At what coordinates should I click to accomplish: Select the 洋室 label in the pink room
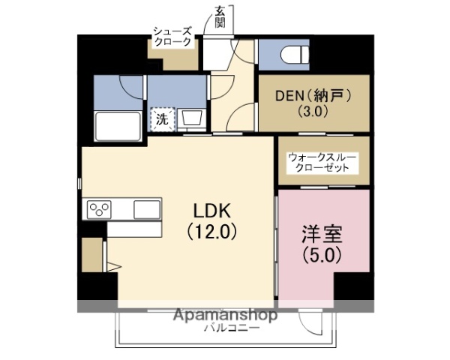point(323,233)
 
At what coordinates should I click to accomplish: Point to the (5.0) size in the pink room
point(323,254)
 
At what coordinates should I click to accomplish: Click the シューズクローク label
point(173,37)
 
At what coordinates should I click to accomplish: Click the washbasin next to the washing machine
point(190,118)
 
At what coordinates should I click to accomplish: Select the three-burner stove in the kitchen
point(100,208)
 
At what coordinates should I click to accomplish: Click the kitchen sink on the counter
point(146,208)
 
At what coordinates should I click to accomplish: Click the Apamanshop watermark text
point(225,315)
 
